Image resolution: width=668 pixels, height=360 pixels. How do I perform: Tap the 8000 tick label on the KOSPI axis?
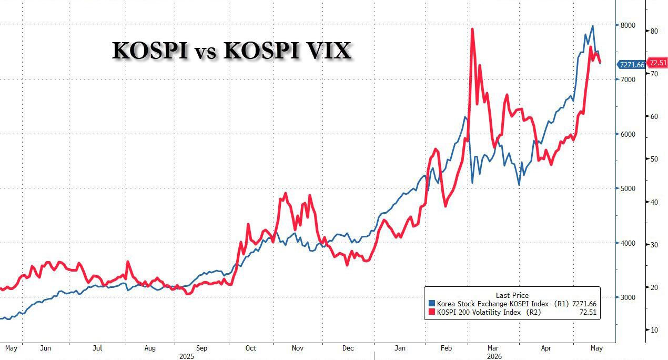[x=627, y=25]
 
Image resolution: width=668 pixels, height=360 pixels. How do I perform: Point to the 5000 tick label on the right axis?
[x=627, y=188]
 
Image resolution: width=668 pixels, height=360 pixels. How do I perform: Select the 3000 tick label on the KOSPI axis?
[x=627, y=297]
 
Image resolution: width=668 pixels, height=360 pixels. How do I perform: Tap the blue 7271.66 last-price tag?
[x=631, y=65]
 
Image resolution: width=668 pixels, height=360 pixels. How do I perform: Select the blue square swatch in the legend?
[x=431, y=304]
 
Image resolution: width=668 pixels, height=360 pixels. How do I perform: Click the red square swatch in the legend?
[x=431, y=312]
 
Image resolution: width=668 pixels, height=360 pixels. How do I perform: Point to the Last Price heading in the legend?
[x=512, y=295]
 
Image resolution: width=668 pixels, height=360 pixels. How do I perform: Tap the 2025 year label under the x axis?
[x=187, y=356]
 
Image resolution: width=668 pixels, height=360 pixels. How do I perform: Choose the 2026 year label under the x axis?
[x=494, y=356]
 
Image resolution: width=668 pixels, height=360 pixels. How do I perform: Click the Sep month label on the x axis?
[x=201, y=348]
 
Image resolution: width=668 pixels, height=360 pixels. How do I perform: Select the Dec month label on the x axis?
[x=348, y=348]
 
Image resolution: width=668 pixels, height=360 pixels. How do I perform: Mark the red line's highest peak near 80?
[x=472, y=29]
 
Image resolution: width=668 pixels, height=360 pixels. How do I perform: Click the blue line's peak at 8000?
[x=593, y=26]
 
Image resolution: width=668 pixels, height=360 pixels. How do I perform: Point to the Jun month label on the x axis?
[x=45, y=348]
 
